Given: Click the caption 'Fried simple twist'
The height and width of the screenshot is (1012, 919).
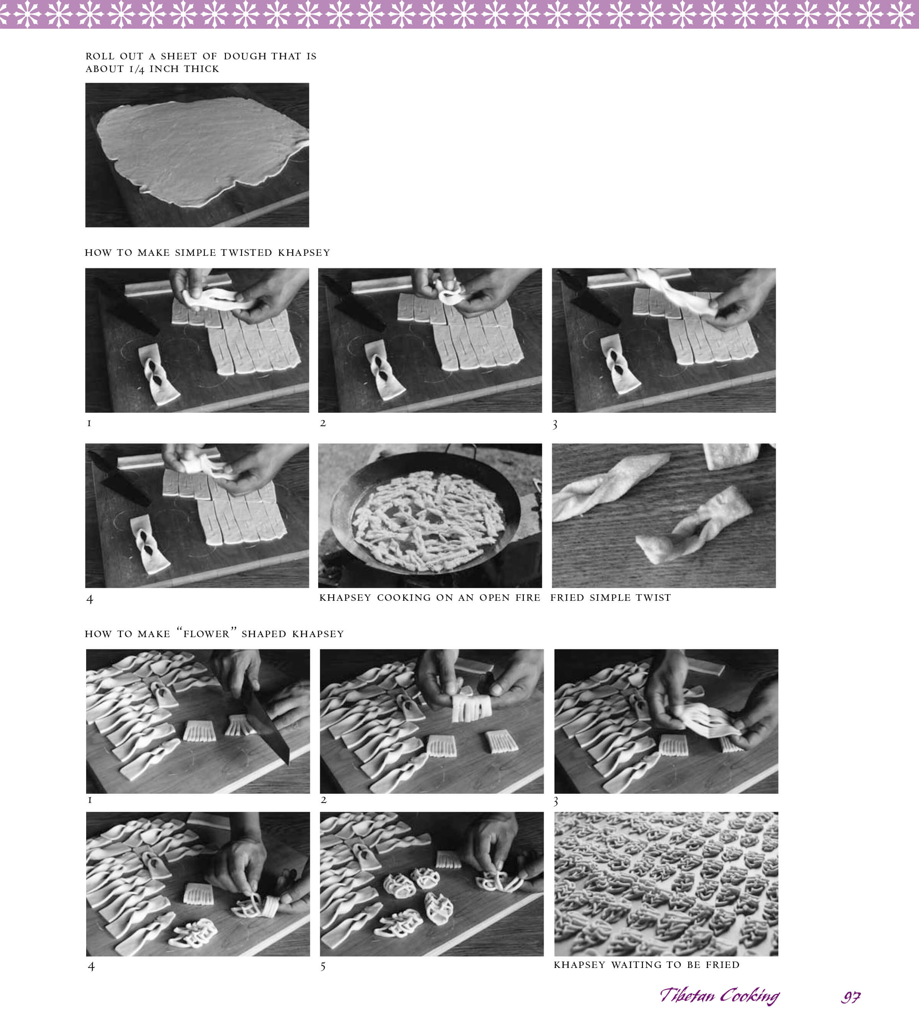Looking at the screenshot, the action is pyautogui.click(x=610, y=597).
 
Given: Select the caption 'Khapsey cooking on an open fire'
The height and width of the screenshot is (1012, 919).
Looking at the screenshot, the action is pyautogui.click(x=430, y=597).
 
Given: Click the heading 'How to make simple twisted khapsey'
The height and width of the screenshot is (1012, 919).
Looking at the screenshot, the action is pyautogui.click(x=207, y=252).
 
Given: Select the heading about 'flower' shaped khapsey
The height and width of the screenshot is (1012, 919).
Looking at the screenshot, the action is pyautogui.click(x=214, y=633).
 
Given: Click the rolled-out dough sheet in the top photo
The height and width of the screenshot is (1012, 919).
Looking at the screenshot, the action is pyautogui.click(x=201, y=150).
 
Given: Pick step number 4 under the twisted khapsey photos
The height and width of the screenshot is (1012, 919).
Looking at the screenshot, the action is pyautogui.click(x=90, y=599).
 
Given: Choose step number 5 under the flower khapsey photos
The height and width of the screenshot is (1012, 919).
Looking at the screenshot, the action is pyautogui.click(x=323, y=966).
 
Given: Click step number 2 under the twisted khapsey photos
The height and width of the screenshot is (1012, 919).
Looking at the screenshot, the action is pyautogui.click(x=323, y=423).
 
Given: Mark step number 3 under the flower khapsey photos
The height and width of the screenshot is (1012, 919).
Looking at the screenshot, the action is pyautogui.click(x=556, y=801).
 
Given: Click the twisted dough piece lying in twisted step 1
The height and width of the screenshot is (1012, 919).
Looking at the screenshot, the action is pyautogui.click(x=158, y=374).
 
